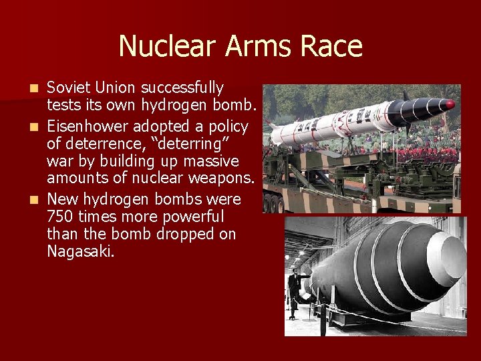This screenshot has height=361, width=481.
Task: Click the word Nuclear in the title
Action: (168, 46)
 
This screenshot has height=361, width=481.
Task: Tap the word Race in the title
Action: (333, 46)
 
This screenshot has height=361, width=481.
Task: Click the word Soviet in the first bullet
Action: (69, 88)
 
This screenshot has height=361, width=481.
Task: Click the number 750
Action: (60, 217)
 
